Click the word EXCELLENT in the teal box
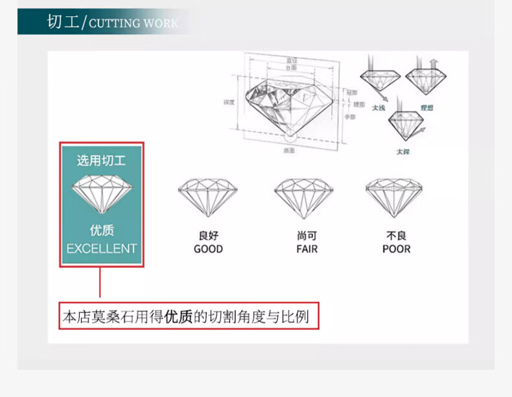click(x=102, y=248)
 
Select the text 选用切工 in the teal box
click(x=102, y=160)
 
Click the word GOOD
click(x=208, y=249)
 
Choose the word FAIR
click(x=307, y=249)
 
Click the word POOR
click(x=396, y=249)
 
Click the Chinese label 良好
click(x=208, y=236)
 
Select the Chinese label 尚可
click(x=307, y=236)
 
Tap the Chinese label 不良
click(x=396, y=236)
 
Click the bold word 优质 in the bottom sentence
click(x=179, y=317)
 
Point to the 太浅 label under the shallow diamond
click(x=378, y=108)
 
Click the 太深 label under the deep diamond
click(x=403, y=152)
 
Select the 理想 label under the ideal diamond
click(x=426, y=108)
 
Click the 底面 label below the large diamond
click(x=289, y=150)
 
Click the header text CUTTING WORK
click(x=134, y=24)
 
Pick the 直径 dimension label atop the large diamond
click(x=292, y=60)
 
